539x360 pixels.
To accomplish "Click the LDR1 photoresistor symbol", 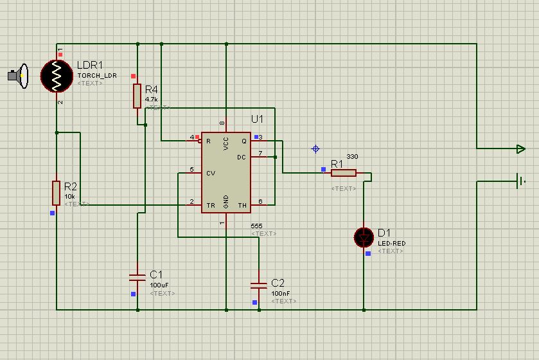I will (57, 76).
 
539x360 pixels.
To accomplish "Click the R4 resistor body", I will (137, 96).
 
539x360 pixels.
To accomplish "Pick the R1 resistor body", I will (344, 172).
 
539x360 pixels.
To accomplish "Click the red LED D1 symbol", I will (364, 237).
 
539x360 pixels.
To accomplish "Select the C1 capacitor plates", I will (137, 277).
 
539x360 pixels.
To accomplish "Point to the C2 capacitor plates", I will (259, 285).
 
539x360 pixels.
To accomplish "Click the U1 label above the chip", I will (258, 120).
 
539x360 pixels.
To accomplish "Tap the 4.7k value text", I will (152, 100).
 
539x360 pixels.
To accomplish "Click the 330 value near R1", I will (352, 157).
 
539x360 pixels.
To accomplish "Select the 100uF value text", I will (159, 284).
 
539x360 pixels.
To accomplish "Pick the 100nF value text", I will (281, 292).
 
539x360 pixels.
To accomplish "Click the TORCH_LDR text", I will (97, 75).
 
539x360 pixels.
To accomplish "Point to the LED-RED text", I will (391, 243).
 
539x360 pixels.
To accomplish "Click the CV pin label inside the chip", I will (210, 173).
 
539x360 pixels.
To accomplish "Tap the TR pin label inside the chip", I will (210, 206).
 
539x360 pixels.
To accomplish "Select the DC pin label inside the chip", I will (242, 157).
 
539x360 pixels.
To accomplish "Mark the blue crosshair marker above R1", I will (315, 148).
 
